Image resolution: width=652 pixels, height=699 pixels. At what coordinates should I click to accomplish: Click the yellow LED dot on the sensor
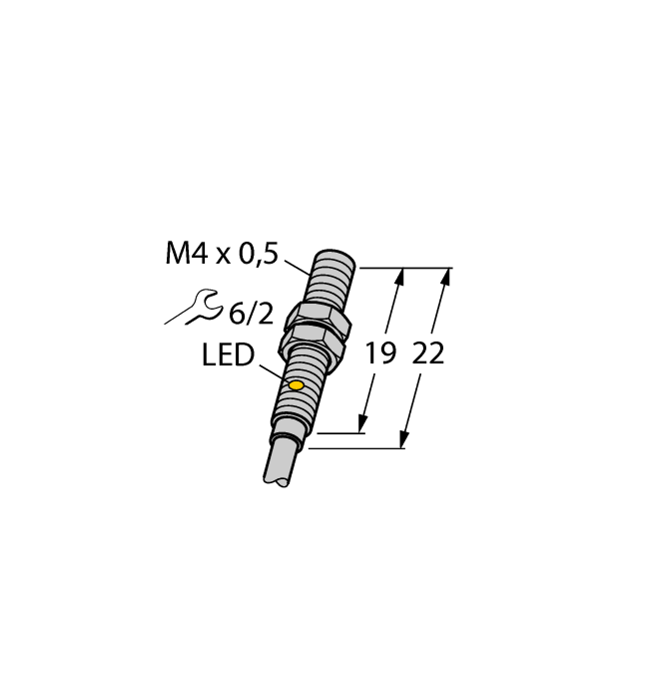296,385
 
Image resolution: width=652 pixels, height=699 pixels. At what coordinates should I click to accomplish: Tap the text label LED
229,355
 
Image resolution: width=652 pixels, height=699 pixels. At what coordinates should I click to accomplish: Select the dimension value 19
379,354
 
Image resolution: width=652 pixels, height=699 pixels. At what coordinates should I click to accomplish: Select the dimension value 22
428,354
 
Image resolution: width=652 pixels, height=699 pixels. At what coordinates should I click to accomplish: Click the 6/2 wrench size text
251,315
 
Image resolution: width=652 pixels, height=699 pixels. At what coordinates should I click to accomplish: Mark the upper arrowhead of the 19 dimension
400,276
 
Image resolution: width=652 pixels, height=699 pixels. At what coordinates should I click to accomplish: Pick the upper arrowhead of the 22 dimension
445,276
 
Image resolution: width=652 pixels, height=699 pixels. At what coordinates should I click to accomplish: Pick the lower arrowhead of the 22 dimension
404,440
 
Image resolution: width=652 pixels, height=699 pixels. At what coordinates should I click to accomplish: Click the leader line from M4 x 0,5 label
298,267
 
